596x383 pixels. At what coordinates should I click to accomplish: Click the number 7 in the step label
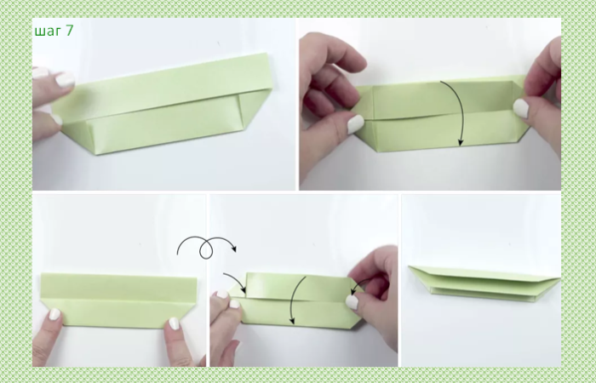pos(69,31)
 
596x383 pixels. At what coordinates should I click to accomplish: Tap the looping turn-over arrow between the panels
pos(206,247)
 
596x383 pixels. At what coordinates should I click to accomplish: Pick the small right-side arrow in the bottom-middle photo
pos(358,284)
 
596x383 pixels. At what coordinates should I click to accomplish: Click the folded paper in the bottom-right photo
pos(484,283)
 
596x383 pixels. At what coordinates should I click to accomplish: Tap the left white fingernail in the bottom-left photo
pos(54,314)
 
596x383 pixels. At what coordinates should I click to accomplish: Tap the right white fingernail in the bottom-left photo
pos(174,323)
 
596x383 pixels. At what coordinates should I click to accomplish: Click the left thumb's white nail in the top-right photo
pos(355,124)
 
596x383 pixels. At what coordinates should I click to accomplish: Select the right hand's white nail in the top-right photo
pos(521,108)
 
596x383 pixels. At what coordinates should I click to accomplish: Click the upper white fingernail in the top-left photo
pos(65,79)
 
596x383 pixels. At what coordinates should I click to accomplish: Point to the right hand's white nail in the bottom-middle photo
pos(352,302)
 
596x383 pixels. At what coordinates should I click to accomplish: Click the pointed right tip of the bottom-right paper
pos(559,280)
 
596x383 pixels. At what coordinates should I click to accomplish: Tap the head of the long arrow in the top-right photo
pos(461,143)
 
